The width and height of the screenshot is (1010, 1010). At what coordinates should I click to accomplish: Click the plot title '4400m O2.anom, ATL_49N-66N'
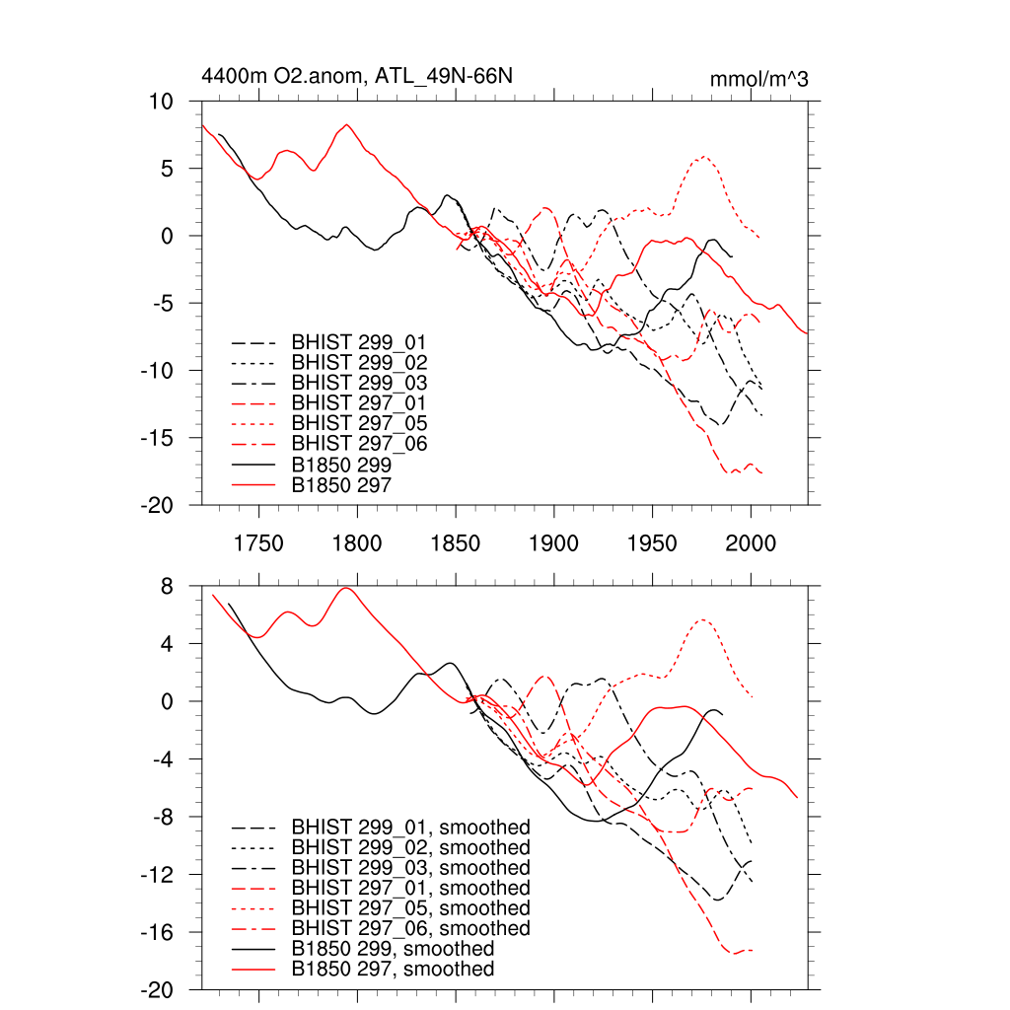click(356, 76)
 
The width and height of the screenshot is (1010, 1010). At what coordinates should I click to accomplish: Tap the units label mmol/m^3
click(758, 79)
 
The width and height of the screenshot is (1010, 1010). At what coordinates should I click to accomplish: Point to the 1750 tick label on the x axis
click(258, 542)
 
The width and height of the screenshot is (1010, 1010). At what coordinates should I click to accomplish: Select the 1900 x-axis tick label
click(554, 542)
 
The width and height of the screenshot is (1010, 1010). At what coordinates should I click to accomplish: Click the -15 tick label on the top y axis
click(157, 438)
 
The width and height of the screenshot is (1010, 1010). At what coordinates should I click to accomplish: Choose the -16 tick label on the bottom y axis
click(157, 932)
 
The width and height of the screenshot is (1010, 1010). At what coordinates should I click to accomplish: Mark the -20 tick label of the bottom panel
click(157, 989)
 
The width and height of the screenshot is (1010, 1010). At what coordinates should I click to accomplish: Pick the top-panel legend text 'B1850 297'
click(341, 484)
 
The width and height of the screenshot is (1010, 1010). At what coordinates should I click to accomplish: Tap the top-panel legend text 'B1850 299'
click(341, 464)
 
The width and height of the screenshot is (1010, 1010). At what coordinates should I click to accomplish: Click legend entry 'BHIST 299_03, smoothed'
click(410, 868)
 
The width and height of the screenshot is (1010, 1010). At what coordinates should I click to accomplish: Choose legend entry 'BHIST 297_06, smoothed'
click(410, 928)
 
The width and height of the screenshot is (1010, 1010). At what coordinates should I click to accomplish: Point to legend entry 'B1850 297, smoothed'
click(393, 970)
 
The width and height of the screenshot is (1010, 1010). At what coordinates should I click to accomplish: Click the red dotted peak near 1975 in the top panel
click(704, 157)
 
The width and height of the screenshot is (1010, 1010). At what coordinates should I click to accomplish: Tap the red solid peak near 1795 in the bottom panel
click(345, 588)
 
